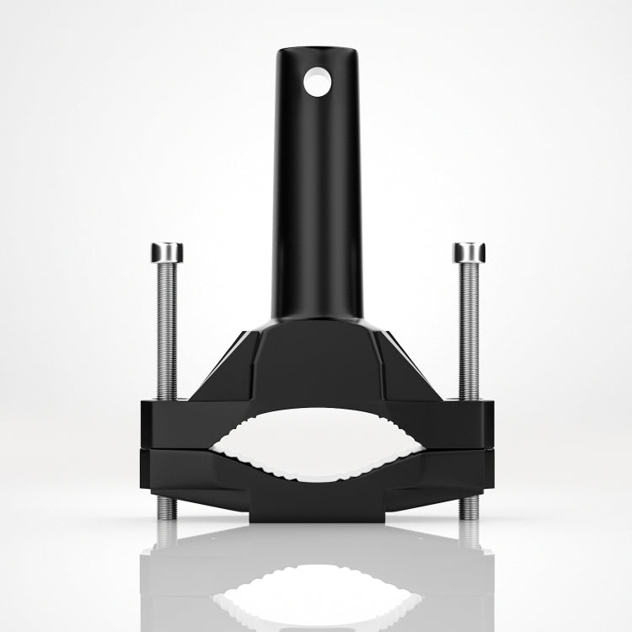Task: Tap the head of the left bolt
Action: click(x=167, y=252)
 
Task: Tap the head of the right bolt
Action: click(x=469, y=252)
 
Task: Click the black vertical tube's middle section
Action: click(x=316, y=194)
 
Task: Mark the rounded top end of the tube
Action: click(x=316, y=52)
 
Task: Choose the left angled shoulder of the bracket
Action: click(x=221, y=362)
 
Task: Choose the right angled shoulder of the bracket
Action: click(x=413, y=362)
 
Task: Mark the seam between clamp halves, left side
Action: click(x=181, y=447)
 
